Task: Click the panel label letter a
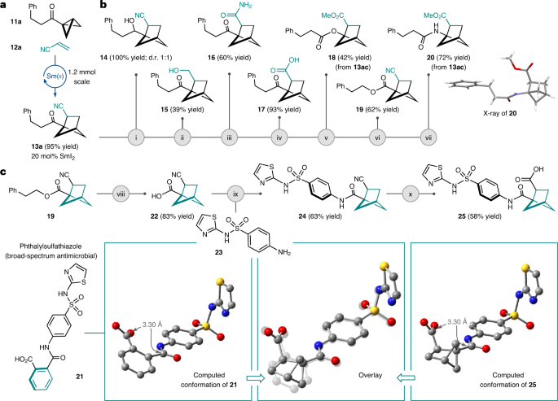tap(5, 6)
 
